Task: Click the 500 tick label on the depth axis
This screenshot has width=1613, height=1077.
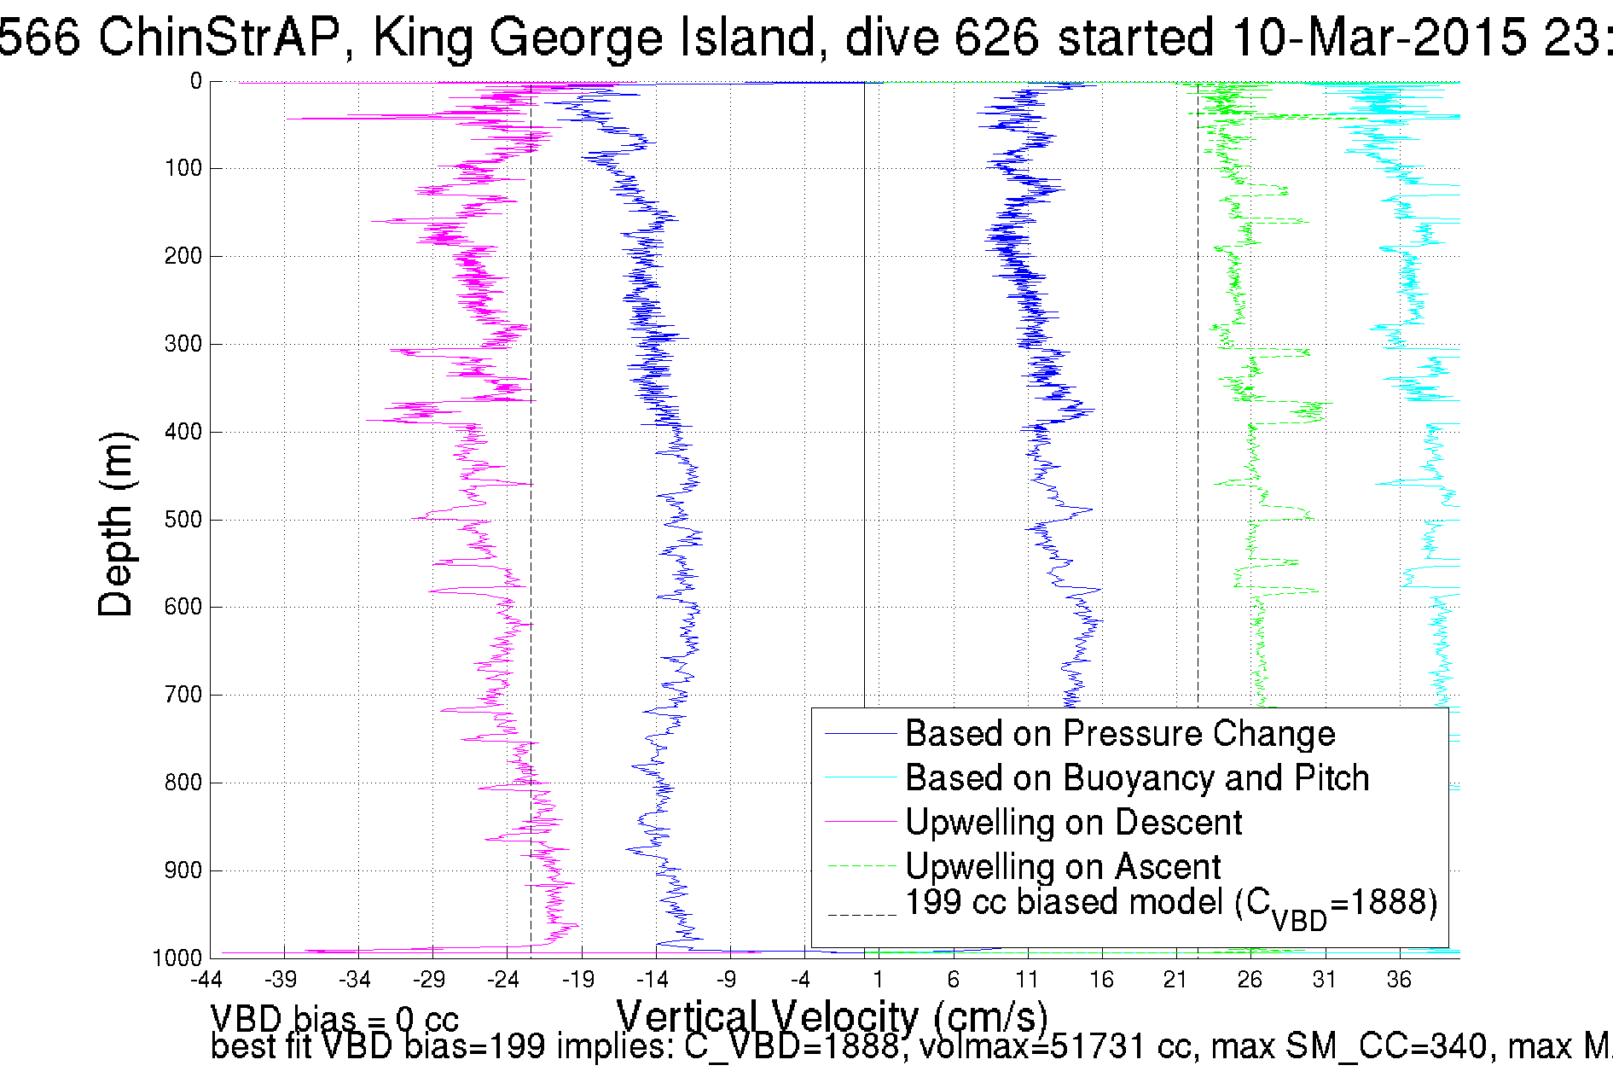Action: (183, 520)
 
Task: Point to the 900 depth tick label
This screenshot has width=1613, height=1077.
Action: (183, 870)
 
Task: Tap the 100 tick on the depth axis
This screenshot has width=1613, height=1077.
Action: (183, 168)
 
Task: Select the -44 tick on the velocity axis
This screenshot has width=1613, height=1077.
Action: (206, 980)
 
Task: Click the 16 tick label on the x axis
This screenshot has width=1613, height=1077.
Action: (1101, 980)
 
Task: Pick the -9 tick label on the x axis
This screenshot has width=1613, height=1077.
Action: (726, 980)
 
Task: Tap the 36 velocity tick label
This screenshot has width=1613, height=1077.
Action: (1399, 980)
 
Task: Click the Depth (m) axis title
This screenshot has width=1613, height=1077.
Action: (116, 524)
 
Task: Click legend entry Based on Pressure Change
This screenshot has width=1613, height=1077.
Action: (1119, 734)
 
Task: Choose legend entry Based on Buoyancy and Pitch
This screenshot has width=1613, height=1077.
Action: (1136, 778)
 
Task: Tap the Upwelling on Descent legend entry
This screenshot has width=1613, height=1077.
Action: (1072, 823)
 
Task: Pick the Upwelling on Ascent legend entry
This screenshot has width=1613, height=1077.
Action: (1062, 867)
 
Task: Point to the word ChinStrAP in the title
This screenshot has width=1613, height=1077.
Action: (219, 38)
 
